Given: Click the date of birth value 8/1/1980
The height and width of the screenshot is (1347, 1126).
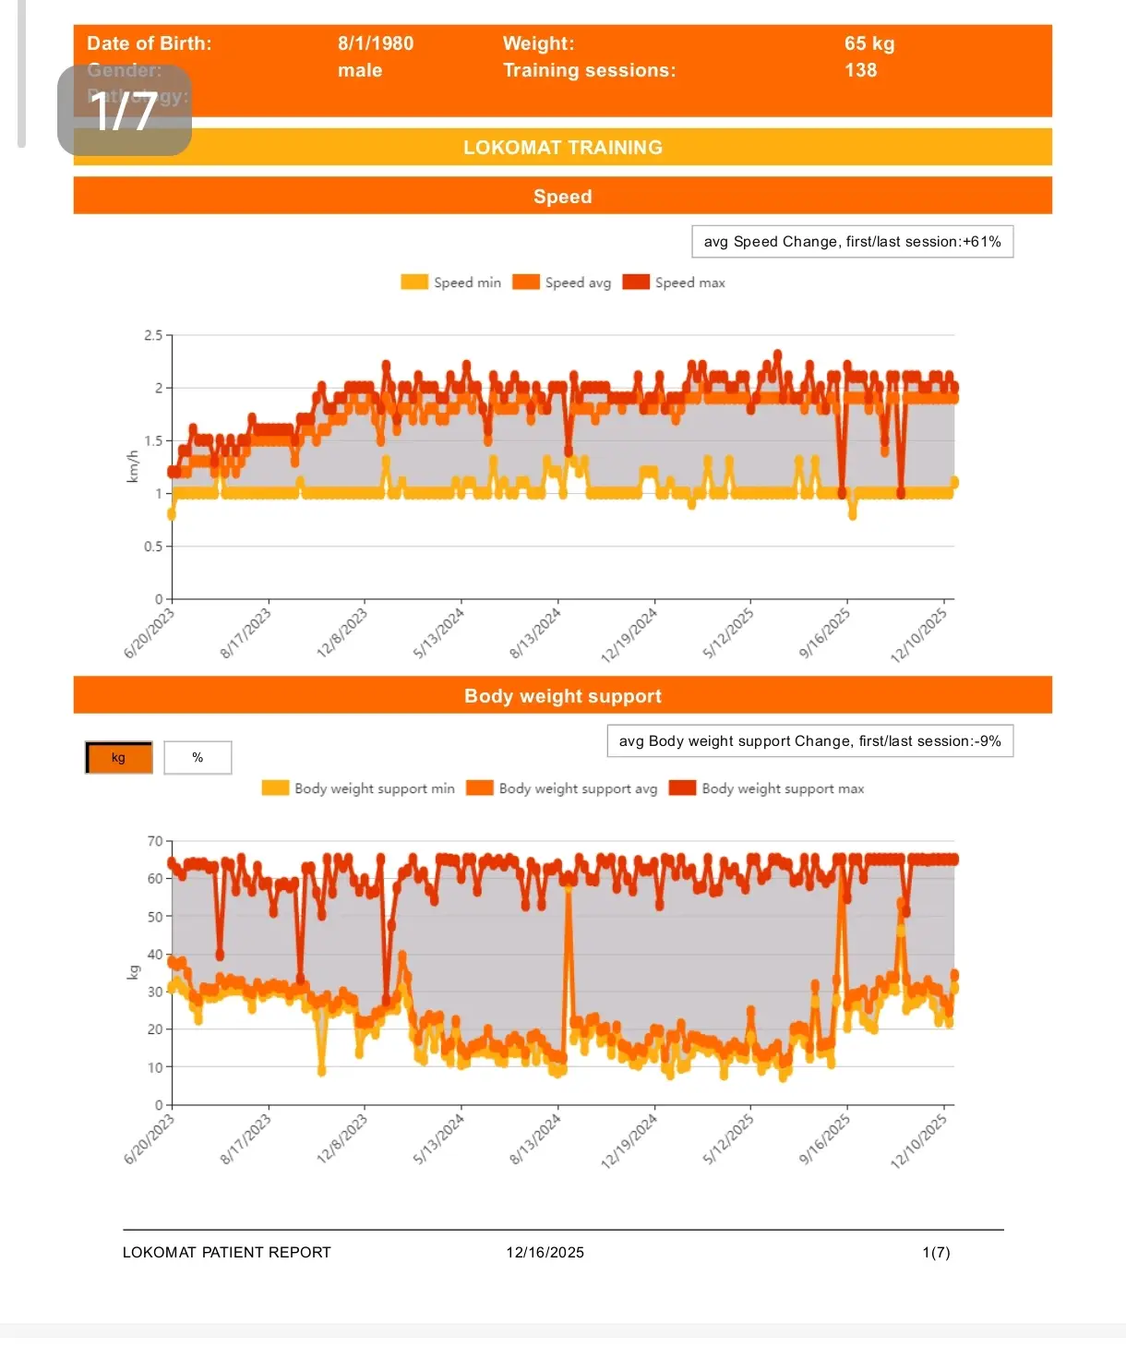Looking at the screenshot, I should (375, 43).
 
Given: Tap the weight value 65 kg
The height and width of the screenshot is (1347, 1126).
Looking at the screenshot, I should (868, 43).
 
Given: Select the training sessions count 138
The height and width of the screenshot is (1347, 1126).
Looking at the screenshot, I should (860, 70).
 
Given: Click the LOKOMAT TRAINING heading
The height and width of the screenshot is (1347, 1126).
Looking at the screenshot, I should (562, 148).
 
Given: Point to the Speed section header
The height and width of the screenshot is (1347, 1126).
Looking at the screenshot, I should (562, 196).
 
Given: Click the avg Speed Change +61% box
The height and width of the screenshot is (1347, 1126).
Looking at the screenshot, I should (852, 242).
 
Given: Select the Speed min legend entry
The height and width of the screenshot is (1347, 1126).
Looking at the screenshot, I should (452, 283).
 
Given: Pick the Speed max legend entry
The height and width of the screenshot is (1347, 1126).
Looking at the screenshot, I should (675, 283).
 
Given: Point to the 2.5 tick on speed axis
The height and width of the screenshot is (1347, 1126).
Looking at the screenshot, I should (153, 335).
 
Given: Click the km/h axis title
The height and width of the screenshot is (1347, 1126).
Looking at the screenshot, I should (133, 466).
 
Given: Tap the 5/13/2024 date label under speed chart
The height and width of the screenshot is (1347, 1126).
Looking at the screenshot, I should (439, 632).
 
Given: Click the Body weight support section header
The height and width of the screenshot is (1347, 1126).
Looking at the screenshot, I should (562, 696).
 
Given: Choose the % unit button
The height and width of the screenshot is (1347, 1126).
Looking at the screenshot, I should (198, 758).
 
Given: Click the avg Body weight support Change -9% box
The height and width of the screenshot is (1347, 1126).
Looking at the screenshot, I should (809, 741).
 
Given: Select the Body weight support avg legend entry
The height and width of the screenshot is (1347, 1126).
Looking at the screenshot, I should (563, 788).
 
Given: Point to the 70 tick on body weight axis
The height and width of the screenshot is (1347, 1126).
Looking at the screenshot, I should (154, 841).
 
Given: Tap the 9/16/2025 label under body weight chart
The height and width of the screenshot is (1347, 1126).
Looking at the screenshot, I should (825, 1138).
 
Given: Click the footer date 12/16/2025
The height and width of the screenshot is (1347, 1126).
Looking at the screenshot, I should (545, 1252).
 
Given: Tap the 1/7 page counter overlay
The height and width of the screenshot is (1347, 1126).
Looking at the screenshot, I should (125, 111).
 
